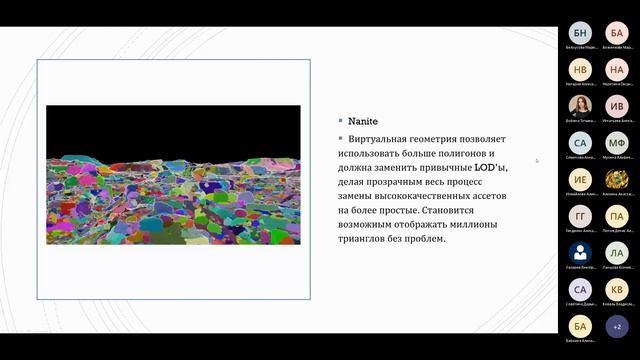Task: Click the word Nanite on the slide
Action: [x=363, y=121]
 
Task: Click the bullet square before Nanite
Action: [x=340, y=121]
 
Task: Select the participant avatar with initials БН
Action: [x=580, y=33]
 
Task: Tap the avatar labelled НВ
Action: [x=580, y=70]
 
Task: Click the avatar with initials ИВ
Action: [x=618, y=106]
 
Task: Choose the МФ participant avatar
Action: [x=618, y=143]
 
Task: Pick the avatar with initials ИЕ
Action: [x=580, y=180]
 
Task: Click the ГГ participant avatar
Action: [x=580, y=216]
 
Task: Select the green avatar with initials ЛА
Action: [x=618, y=253]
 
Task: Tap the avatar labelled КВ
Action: [x=618, y=289]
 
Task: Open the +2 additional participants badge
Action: [x=618, y=326]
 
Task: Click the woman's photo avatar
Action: [x=580, y=106]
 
